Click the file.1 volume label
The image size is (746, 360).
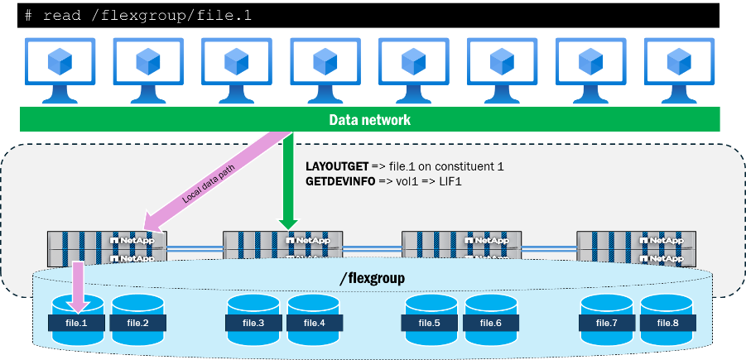[x=78, y=322]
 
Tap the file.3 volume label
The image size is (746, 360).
[x=254, y=322]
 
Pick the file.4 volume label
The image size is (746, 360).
[x=314, y=322]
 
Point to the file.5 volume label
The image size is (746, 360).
[x=431, y=322]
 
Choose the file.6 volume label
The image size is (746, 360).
[x=491, y=322]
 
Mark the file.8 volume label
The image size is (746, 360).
[x=667, y=322]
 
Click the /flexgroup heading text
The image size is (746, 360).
[x=372, y=279]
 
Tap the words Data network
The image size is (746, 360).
[x=369, y=120]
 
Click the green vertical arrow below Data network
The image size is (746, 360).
[x=287, y=182]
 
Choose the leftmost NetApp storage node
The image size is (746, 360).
[x=108, y=247]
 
